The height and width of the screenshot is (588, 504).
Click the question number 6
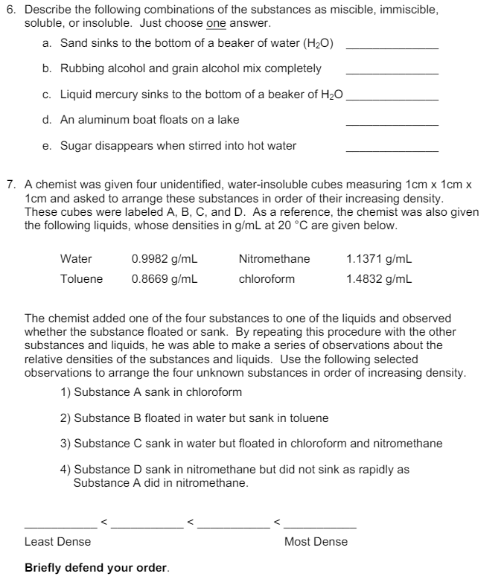[10, 10]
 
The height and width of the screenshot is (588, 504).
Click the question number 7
[10, 182]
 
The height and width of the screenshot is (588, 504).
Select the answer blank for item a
[392, 47]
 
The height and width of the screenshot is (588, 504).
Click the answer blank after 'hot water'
[392, 150]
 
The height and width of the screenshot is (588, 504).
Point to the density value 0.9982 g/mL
[164, 259]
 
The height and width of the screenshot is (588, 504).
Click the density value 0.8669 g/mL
[164, 279]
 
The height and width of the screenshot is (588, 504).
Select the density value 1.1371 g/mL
[379, 259]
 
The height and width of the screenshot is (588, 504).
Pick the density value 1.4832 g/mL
[379, 279]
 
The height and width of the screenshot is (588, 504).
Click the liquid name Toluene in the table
[82, 279]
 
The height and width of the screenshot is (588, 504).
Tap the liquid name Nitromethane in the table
[274, 259]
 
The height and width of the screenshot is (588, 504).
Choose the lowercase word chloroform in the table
[267, 279]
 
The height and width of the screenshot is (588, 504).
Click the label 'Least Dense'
[58, 541]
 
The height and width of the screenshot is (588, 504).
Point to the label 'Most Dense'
[316, 541]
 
